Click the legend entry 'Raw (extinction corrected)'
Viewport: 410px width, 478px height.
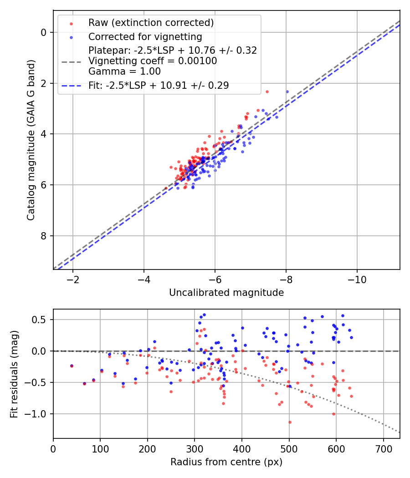click(151, 23)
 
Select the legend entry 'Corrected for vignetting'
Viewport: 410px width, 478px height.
click(145, 36)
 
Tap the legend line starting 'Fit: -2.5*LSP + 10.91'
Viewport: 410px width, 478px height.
click(159, 85)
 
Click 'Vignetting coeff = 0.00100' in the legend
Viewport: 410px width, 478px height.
click(153, 61)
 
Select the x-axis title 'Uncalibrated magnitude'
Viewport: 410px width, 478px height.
click(226, 293)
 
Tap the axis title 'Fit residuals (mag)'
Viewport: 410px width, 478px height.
click(14, 374)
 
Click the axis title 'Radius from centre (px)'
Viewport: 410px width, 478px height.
click(226, 462)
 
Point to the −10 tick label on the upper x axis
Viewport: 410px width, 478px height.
click(357, 279)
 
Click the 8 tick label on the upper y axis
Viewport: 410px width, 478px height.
click(44, 236)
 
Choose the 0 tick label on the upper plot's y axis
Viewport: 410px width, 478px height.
click(44, 32)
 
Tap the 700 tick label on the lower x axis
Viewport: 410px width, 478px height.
click(383, 448)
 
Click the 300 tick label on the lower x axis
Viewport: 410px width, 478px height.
click(195, 448)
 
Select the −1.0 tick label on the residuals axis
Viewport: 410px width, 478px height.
click(38, 414)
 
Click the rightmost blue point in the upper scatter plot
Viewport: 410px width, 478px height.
click(287, 92)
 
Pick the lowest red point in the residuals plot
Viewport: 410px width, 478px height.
click(289, 422)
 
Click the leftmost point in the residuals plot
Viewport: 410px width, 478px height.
click(72, 366)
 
